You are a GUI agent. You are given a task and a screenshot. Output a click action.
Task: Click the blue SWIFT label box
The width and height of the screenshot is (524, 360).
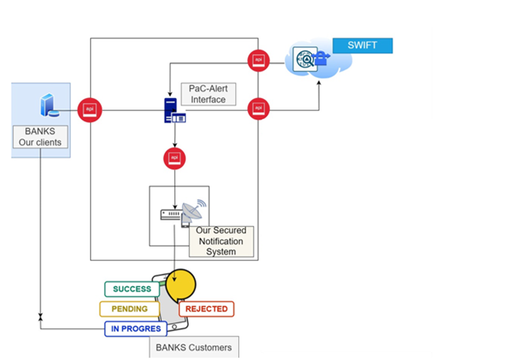[x=362, y=45]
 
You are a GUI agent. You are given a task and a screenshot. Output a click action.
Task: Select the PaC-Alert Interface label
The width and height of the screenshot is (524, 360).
[x=207, y=94]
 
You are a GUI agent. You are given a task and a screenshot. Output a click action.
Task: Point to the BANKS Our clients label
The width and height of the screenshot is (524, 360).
[x=41, y=137]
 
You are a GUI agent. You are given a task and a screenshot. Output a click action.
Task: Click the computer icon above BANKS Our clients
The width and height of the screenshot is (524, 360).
[x=49, y=105]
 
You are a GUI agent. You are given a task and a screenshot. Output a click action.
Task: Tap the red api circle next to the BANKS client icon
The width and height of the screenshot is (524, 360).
[x=89, y=109]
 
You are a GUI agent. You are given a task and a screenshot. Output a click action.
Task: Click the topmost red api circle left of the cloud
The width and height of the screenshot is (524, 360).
[x=258, y=60]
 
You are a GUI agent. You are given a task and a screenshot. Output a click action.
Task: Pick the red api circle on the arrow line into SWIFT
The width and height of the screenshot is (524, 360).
[x=258, y=109]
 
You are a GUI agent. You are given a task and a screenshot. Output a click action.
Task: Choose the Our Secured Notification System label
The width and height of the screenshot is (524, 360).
[x=221, y=241]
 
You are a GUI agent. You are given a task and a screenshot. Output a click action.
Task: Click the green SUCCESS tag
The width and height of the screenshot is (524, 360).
[x=132, y=289]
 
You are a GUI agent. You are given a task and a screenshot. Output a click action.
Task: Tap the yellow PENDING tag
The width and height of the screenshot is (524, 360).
[x=129, y=309]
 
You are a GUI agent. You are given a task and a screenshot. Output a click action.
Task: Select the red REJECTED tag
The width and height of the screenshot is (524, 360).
[x=207, y=309]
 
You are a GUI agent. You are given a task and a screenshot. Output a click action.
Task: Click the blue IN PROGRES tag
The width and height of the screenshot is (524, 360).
[x=136, y=329]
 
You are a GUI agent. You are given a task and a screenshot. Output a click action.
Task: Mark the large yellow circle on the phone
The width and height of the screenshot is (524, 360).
[x=183, y=284]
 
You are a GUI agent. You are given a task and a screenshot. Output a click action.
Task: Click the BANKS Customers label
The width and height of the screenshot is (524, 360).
[x=193, y=348]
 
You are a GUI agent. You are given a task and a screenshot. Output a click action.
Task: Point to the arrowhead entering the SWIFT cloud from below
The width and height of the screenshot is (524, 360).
[x=320, y=80]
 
